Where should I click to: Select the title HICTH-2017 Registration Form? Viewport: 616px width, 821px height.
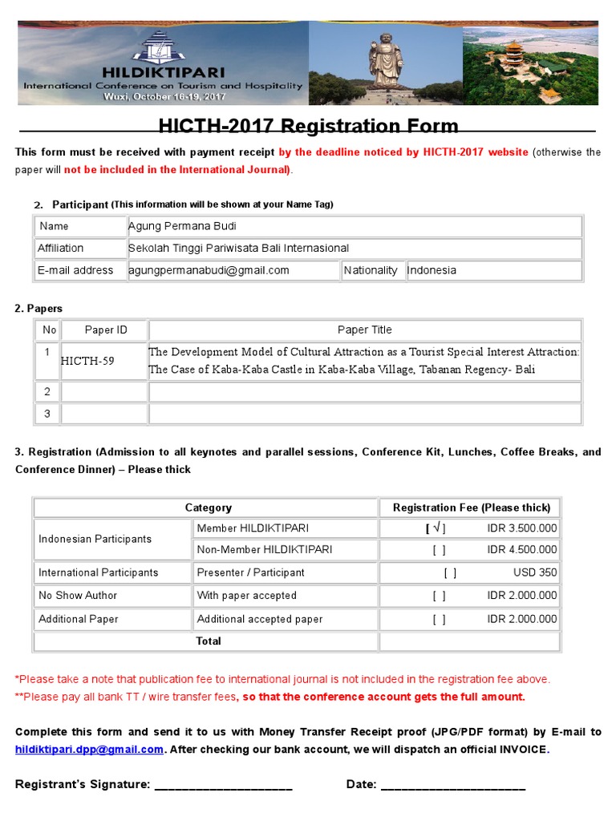pos(308,126)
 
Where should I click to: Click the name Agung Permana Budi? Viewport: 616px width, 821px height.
pos(182,226)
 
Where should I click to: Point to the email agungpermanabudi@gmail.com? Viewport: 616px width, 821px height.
pos(209,270)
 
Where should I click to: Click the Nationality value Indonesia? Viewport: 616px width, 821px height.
pos(432,270)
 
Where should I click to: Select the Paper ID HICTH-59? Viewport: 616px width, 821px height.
pos(87,361)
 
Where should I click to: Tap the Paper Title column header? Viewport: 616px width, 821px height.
pos(365,330)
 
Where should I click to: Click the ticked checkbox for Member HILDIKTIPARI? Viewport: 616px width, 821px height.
pos(436,528)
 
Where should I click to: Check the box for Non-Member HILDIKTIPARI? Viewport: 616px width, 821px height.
pos(439,550)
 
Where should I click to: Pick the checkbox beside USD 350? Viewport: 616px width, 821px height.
pos(450,572)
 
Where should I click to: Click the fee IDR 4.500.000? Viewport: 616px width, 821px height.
pos(521,550)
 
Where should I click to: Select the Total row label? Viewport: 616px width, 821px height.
pos(209,641)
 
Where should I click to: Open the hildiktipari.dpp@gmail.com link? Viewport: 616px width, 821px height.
pos(89,750)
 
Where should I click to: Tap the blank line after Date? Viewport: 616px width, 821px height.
pos(452,785)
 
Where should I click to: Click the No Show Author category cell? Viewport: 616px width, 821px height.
pos(78,596)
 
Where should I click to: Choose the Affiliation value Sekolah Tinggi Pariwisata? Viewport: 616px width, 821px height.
pos(238,248)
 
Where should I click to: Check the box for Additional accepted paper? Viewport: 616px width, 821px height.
pos(439,619)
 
